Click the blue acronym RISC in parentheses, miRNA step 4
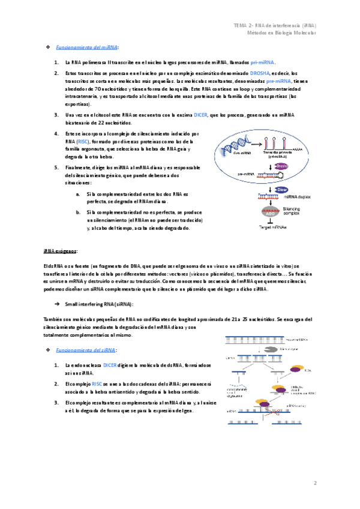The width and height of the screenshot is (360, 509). coord(82,142)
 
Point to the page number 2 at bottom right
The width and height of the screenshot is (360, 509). coord(315,483)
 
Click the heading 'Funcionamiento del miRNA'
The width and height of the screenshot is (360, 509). coord(87,47)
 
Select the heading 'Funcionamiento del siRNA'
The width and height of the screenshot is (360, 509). coord(86,349)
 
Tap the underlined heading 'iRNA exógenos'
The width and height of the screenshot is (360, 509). coord(61,251)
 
